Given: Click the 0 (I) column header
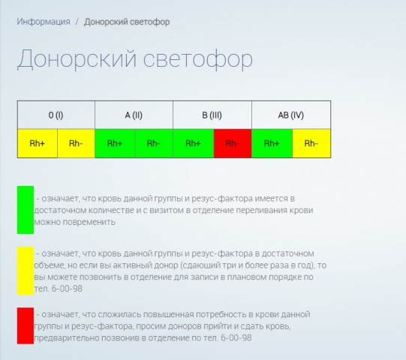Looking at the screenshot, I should pyautogui.click(x=56, y=115).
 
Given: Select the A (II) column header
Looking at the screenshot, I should pyautogui.click(x=134, y=115).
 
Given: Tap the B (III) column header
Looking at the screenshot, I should pyautogui.click(x=212, y=115).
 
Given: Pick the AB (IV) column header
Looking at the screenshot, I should pyautogui.click(x=290, y=115).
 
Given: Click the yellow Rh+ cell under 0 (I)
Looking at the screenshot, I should pyautogui.click(x=37, y=143).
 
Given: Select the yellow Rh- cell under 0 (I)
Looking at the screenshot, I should pyautogui.click(x=76, y=143).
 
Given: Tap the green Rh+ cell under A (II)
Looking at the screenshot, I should pyautogui.click(x=115, y=143).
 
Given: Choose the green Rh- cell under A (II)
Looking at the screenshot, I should pyautogui.click(x=154, y=143).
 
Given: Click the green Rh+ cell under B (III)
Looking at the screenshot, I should pyautogui.click(x=193, y=143).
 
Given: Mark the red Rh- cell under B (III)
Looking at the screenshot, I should pyautogui.click(x=232, y=143).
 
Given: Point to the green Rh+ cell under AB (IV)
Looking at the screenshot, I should pyautogui.click(x=272, y=143).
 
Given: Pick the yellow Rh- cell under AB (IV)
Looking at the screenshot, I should pyautogui.click(x=311, y=143).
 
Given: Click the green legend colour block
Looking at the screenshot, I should pyautogui.click(x=26, y=210).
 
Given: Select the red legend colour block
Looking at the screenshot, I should pyautogui.click(x=26, y=326).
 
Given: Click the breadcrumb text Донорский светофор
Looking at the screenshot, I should pyautogui.click(x=127, y=22).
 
